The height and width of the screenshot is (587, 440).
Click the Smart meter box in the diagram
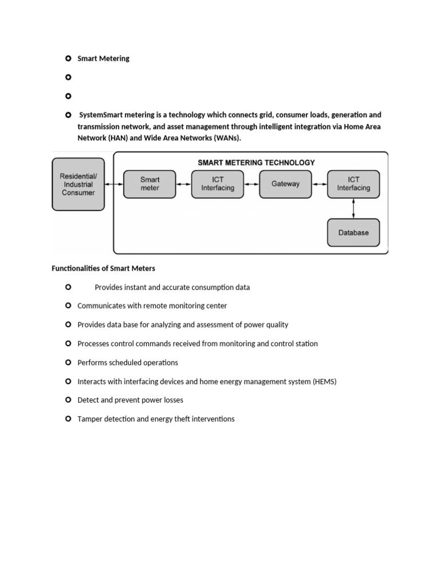(150, 184)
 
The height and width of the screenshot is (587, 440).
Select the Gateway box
(285, 184)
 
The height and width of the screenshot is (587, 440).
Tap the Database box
(353, 233)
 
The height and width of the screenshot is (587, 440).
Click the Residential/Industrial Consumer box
(78, 185)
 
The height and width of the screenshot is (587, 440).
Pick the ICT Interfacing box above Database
(353, 184)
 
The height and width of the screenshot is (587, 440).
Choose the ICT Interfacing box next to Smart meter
(217, 184)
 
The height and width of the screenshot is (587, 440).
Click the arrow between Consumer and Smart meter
(114, 184)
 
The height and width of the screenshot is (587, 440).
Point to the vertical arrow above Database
(353, 209)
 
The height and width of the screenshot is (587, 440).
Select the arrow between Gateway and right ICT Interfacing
(320, 184)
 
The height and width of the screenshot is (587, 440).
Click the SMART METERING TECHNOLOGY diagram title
(256, 163)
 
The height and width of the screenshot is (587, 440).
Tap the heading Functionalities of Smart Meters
(103, 268)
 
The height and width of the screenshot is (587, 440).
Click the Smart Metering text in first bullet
(104, 58)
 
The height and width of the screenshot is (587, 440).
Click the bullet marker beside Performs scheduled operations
(68, 362)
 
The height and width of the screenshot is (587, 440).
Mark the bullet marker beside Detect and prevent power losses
(68, 400)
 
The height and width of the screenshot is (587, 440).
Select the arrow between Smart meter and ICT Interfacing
(183, 184)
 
